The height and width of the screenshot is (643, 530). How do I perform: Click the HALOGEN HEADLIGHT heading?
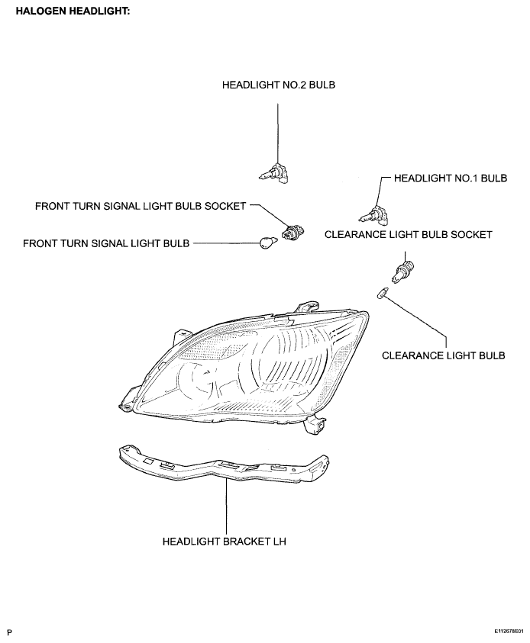pyautogui.click(x=73, y=11)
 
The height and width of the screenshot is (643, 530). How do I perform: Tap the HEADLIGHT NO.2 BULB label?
pyautogui.click(x=278, y=85)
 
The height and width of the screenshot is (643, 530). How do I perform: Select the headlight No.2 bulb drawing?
pyautogui.click(x=275, y=174)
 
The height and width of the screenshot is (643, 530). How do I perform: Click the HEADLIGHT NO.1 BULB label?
pyautogui.click(x=451, y=178)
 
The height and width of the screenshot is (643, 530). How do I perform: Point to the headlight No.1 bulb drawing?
pyautogui.click(x=374, y=215)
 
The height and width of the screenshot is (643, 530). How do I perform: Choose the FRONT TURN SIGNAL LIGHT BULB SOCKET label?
pyautogui.click(x=141, y=206)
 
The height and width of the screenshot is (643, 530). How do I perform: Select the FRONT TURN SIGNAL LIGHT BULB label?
pyautogui.click(x=106, y=243)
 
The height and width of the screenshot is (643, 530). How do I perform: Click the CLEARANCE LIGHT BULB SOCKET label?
pyautogui.click(x=408, y=235)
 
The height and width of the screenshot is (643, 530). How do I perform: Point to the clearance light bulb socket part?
pyautogui.click(x=405, y=270)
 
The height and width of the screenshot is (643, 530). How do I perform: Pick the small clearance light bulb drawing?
pyautogui.click(x=382, y=294)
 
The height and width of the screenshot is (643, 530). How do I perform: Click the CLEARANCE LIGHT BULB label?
pyautogui.click(x=444, y=355)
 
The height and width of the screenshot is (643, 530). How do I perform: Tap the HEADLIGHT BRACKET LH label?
pyautogui.click(x=225, y=542)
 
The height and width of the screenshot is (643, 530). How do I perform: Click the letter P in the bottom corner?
pyautogui.click(x=10, y=633)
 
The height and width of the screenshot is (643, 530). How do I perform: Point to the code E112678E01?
pyautogui.click(x=509, y=631)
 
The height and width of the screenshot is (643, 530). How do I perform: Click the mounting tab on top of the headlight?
pyautogui.click(x=307, y=307)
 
